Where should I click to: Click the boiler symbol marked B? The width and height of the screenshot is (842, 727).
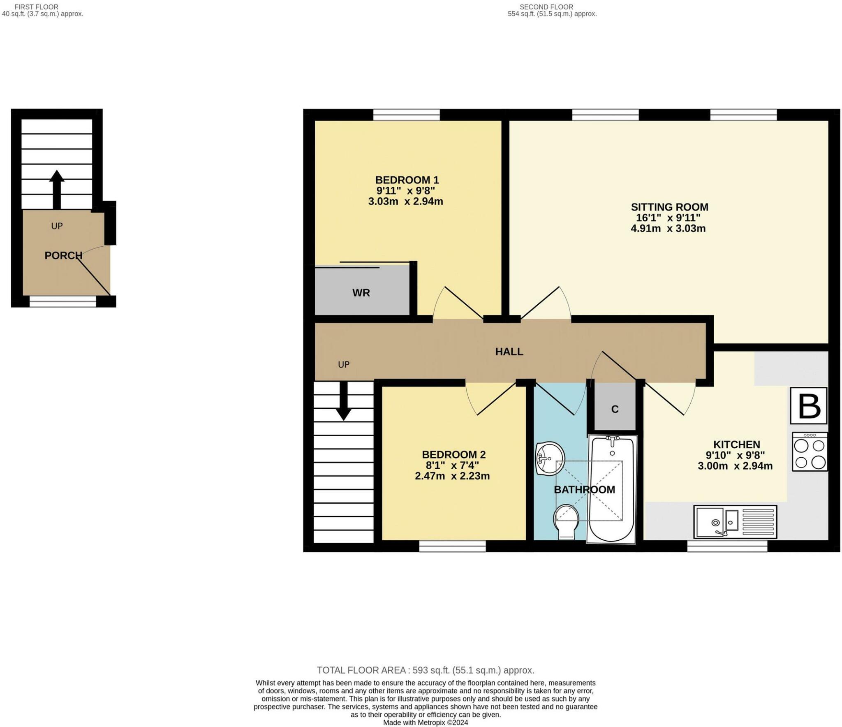tap(808, 405)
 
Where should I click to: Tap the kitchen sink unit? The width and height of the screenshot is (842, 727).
tap(735, 522)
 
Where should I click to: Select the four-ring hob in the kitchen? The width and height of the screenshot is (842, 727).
tap(809, 451)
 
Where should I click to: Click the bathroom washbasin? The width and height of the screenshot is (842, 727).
tap(550, 458)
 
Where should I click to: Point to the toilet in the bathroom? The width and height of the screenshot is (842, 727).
tap(566, 521)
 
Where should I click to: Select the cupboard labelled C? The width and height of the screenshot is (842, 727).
tap(615, 409)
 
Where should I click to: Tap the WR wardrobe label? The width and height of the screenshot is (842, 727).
tap(361, 293)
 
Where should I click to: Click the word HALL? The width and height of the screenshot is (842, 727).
tap(509, 352)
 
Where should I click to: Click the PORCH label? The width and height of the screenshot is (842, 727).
tap(63, 255)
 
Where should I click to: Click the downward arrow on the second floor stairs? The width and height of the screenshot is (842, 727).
tap(343, 401)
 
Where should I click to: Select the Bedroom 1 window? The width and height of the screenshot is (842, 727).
tap(406, 115)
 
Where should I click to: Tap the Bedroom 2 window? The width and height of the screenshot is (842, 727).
tap(452, 546)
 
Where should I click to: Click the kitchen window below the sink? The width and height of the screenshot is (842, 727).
tap(727, 546)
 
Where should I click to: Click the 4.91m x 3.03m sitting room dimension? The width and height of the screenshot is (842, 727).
tap(668, 229)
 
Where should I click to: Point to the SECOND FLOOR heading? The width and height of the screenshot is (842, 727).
tap(546, 7)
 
